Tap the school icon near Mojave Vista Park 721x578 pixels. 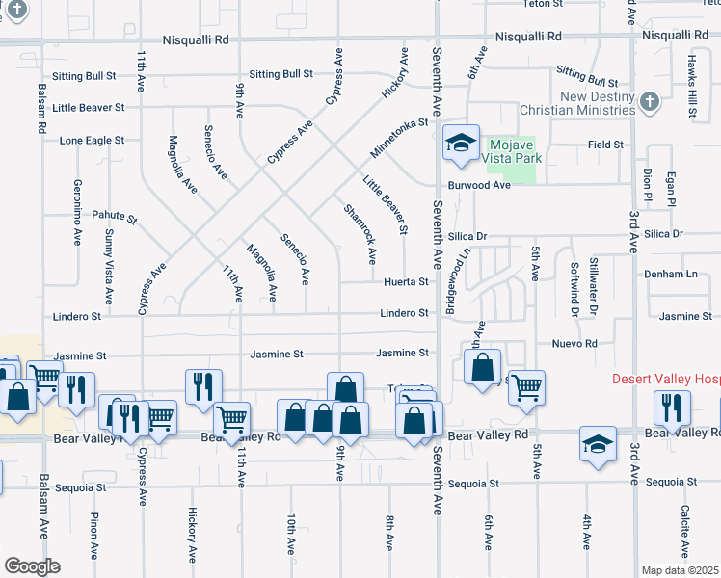tap(461, 144)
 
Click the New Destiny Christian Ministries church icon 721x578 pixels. tap(650, 100)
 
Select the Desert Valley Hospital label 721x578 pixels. tap(665, 379)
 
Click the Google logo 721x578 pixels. tap(31, 565)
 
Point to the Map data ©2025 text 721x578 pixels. tap(681, 570)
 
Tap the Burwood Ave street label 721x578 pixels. tap(477, 185)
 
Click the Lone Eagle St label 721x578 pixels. tap(92, 140)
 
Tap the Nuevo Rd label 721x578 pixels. tap(574, 343)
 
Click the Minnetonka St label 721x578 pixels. tap(398, 140)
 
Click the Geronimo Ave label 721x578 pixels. tap(77, 212)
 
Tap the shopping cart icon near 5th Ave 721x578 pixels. tap(526, 386)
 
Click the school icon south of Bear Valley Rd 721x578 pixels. tap(598, 444)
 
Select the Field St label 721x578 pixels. tap(605, 144)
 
